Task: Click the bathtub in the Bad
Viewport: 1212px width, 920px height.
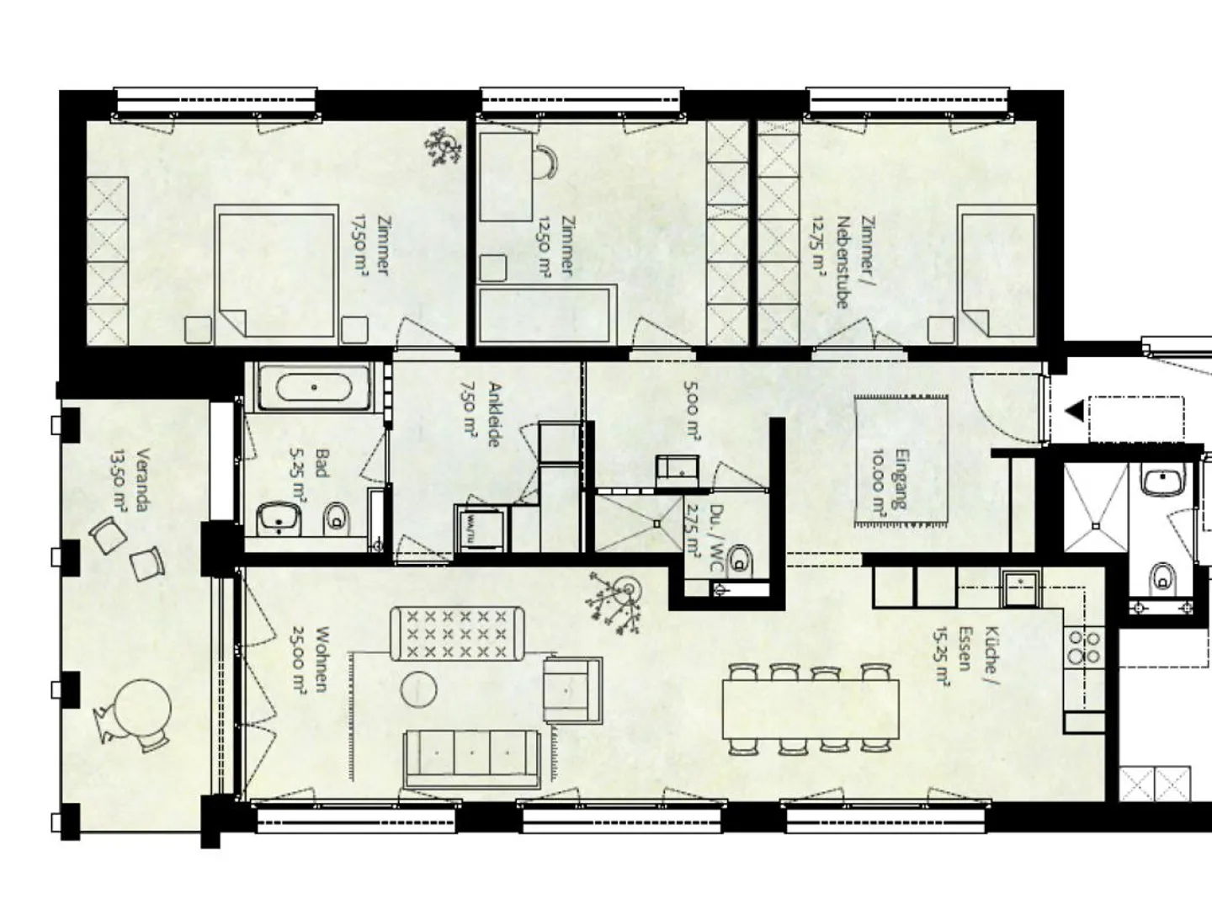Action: click(314, 388)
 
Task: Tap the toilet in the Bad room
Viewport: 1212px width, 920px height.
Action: click(337, 518)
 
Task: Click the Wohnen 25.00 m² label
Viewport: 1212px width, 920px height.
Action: click(311, 661)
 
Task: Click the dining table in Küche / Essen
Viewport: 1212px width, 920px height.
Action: click(810, 708)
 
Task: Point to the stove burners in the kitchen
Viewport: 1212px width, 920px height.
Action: click(1083, 646)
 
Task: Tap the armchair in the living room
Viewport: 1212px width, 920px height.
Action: click(571, 689)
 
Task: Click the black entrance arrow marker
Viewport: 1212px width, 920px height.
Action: click(1073, 411)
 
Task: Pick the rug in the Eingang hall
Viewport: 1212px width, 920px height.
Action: click(901, 460)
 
